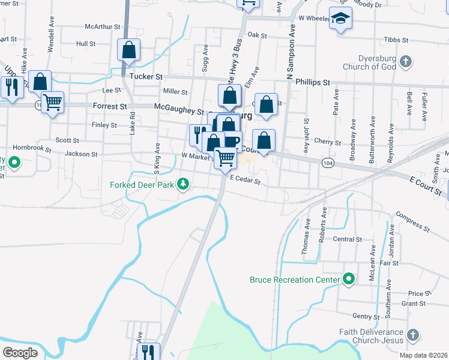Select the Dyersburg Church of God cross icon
(x=406, y=61)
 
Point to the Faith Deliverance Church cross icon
(x=412, y=334)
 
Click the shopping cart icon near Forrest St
(x=52, y=103)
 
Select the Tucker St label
(x=146, y=77)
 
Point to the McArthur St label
(x=99, y=26)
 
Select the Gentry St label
(x=367, y=316)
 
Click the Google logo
(x=20, y=353)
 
